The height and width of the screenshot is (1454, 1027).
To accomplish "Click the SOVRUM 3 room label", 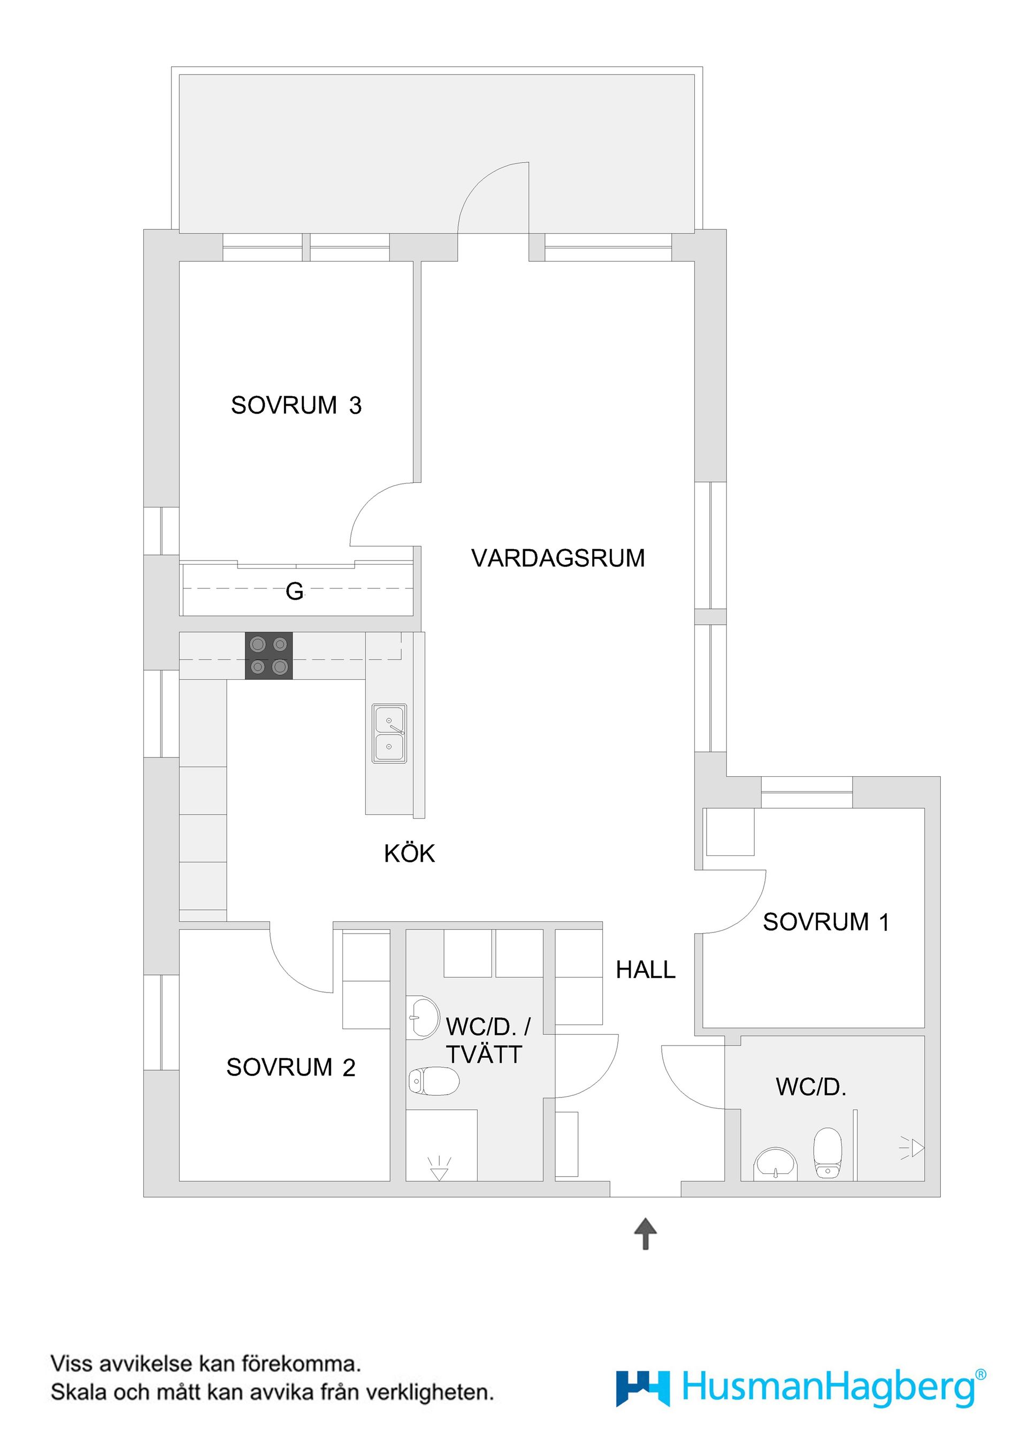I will pos(296,405).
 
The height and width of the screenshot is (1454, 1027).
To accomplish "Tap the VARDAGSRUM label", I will pos(557,558).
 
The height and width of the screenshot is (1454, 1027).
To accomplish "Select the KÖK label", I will pos(409,854).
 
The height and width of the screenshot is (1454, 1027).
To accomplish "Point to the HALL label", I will pos(646,970).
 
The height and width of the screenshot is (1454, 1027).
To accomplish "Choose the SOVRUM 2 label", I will pos(291,1067).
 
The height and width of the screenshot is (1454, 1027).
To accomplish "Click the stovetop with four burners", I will pos(269,655).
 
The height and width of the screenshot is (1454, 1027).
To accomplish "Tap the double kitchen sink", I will pos(389,734).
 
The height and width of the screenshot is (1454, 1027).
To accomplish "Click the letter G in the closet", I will pos(295,592).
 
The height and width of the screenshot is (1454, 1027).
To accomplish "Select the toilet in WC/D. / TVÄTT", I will pos(433,1081).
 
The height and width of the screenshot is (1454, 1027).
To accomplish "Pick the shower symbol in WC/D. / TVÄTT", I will pos(439,1168).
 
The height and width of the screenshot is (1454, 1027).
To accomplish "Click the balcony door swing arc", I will pos(487,190).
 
